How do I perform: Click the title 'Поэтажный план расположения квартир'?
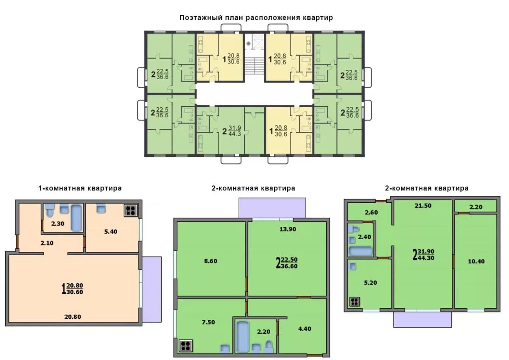pyautogui.click(x=256, y=18)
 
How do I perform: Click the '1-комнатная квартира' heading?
pyautogui.click(x=80, y=188)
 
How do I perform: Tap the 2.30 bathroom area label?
pyautogui.click(x=58, y=224)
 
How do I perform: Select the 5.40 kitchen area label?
pyautogui.click(x=111, y=232)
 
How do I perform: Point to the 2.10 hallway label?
pyautogui.click(x=47, y=243)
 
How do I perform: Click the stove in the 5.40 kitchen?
pyautogui.click(x=131, y=210)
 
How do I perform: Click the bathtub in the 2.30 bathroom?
pyautogui.click(x=76, y=218)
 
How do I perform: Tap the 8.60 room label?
pyautogui.click(x=211, y=261)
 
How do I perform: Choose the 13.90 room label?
pyautogui.click(x=288, y=229)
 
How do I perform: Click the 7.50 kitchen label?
pyautogui.click(x=208, y=322)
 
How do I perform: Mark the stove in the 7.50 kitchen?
pyautogui.click(x=186, y=346)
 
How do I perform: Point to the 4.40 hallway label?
pyautogui.click(x=305, y=329)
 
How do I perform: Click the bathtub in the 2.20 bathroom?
pyautogui.click(x=243, y=337)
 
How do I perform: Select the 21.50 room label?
pyautogui.click(x=423, y=206)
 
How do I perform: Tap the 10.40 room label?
pyautogui.click(x=476, y=261)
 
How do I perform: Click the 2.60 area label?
pyautogui.click(x=371, y=212)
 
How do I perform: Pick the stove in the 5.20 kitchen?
pyautogui.click(x=355, y=302)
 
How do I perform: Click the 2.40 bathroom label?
pyautogui.click(x=364, y=237)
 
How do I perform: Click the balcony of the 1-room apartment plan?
pyautogui.click(x=151, y=289)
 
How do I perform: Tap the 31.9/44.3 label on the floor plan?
pyautogui.click(x=235, y=131)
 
